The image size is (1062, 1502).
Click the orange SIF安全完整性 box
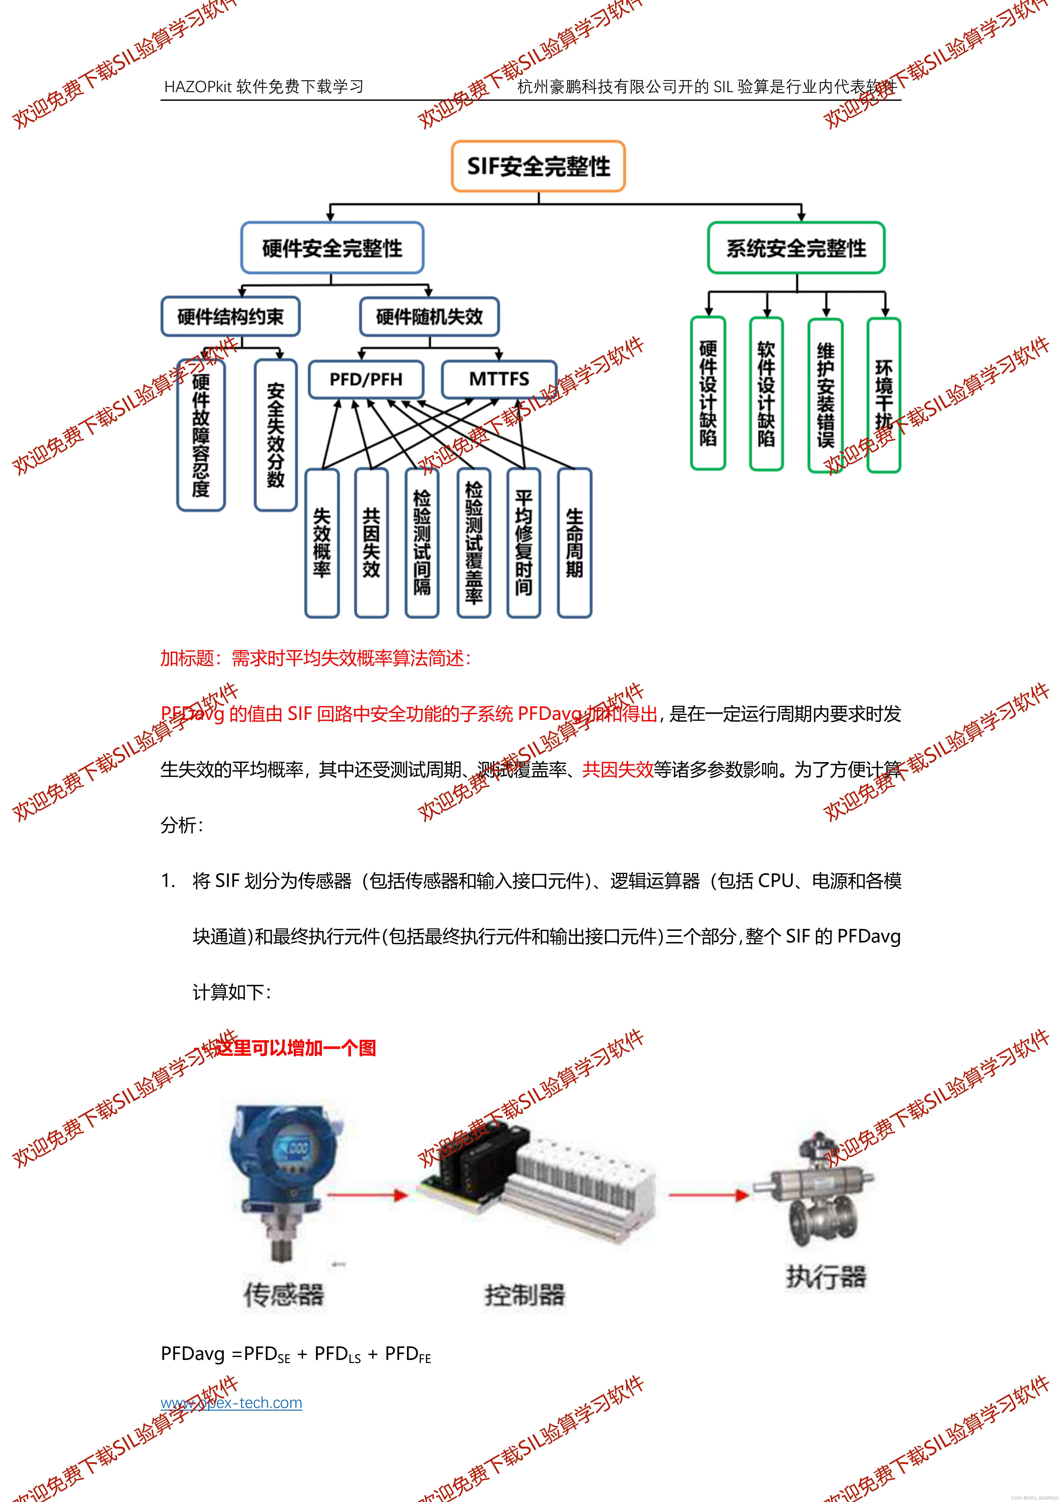[x=538, y=166]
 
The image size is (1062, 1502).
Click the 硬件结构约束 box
[x=230, y=317]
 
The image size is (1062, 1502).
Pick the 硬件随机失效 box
[x=429, y=317]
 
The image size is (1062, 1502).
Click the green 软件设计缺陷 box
[x=766, y=394]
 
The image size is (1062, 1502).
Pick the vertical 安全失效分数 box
[x=275, y=435]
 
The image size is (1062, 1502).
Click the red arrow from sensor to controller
[x=366, y=1195]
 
